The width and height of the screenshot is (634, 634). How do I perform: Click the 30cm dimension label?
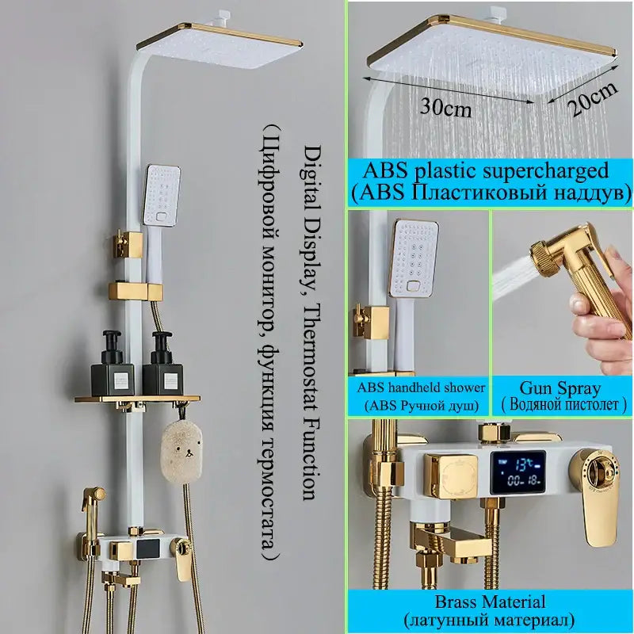pyautogui.click(x=445, y=108)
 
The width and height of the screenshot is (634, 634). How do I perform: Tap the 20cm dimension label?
pyautogui.click(x=593, y=99)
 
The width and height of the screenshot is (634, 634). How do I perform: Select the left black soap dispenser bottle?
pyautogui.click(x=112, y=363)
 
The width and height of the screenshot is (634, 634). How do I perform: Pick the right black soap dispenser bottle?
pyautogui.click(x=162, y=364)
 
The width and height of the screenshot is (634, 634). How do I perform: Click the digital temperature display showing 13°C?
pyautogui.click(x=518, y=472)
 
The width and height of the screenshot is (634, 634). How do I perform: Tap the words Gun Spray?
pyautogui.click(x=560, y=388)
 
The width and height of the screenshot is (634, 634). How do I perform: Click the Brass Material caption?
pyautogui.click(x=490, y=602)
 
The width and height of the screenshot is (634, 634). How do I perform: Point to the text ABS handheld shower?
pyautogui.click(x=421, y=388)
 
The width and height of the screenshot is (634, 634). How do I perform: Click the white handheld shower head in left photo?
pyautogui.click(x=161, y=194)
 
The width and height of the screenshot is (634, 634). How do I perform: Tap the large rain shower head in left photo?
pyautogui.click(x=220, y=45)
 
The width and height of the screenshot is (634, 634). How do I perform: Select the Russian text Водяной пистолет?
pyautogui.click(x=564, y=405)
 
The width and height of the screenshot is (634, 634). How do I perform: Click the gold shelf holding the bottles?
pyautogui.click(x=137, y=399)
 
